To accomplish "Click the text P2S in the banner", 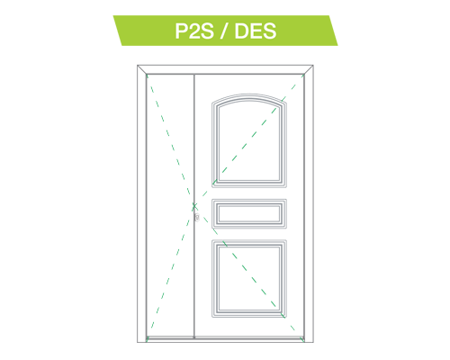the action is [x=194, y=31].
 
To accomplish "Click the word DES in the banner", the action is [x=256, y=31].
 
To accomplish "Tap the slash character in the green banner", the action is [x=224, y=31].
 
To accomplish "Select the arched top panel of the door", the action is [x=249, y=140].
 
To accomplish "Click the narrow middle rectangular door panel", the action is [x=249, y=213].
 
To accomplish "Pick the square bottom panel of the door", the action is [x=249, y=278].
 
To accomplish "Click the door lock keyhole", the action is [x=197, y=217].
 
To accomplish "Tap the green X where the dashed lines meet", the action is [x=194, y=206].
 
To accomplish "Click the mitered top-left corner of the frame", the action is [x=142, y=69].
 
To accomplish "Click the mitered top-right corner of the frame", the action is [x=309, y=69].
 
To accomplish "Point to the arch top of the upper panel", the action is [x=249, y=96].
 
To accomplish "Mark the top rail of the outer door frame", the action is [x=225, y=69].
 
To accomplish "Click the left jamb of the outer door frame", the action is [x=141, y=203].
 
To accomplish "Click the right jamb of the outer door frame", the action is [x=309, y=203].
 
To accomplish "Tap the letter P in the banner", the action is [x=181, y=31].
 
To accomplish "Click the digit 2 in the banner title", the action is [x=194, y=31].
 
